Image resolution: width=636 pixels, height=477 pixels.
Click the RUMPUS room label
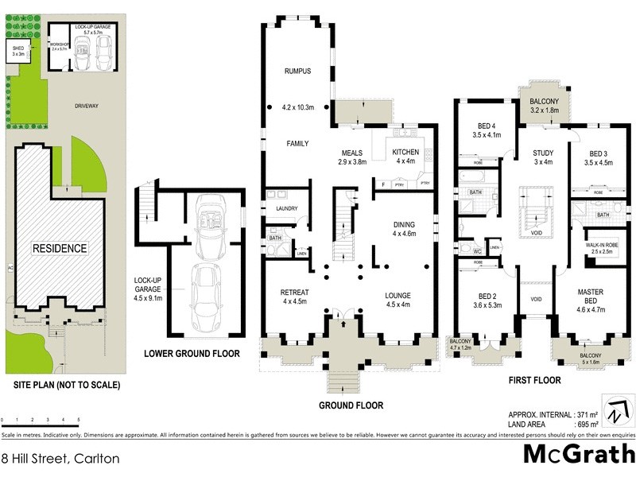click(x=297, y=72)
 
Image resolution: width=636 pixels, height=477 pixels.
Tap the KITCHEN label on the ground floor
click(x=405, y=152)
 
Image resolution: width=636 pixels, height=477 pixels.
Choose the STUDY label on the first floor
click(x=543, y=153)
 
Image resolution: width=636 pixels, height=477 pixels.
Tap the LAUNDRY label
click(x=287, y=209)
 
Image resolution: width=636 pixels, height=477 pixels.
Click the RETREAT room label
click(x=295, y=293)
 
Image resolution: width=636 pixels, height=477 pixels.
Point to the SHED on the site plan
click(x=17, y=49)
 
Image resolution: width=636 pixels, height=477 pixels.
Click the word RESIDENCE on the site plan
click(x=60, y=248)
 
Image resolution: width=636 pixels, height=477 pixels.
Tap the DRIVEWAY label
click(x=87, y=104)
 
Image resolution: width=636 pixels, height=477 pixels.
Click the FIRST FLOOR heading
click(x=534, y=381)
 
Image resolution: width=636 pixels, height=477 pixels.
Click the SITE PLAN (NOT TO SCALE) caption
click(x=67, y=385)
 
